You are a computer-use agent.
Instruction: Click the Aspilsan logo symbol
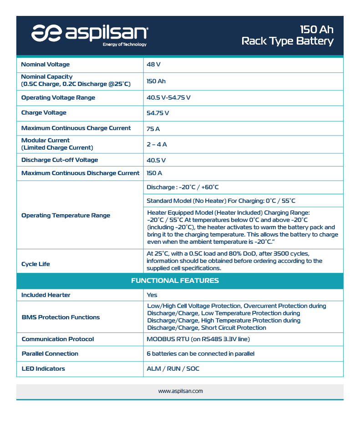pos(46,33)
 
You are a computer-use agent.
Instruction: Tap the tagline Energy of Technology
pos(124,45)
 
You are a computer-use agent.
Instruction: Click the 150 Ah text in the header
pos(316,30)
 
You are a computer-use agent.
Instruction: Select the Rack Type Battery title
pos(287,41)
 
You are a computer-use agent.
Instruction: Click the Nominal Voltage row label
pos(46,65)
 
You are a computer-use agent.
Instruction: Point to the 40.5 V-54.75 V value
pos(168,98)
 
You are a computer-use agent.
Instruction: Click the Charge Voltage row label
pos(44,113)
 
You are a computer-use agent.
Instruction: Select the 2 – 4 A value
pos(157,144)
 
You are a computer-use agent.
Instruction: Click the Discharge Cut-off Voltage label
pos(60,160)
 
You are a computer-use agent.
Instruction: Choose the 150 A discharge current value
pos(154,173)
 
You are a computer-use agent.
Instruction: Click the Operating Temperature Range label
pos(66,216)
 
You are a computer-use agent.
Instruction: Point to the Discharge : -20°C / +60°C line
pos(183,187)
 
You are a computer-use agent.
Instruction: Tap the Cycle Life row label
pos(35,264)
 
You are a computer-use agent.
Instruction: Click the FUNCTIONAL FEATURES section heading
pos(175,281)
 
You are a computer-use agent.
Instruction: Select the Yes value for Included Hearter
pos(152,295)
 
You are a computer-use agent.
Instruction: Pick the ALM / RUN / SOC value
pos(173,369)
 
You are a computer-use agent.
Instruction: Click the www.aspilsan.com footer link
pos(180,391)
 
